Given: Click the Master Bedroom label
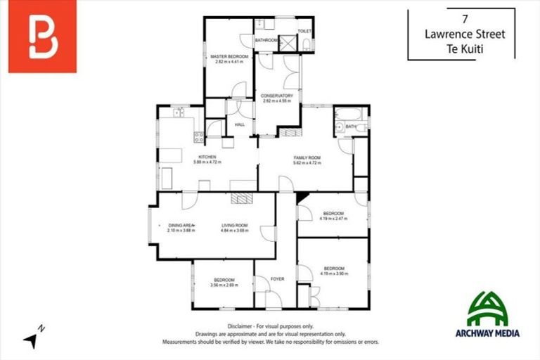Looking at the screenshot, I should pos(227,56).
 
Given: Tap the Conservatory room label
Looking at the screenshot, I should pos(276,96).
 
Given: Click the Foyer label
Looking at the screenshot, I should pos(278,279).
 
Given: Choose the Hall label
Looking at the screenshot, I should pos(239,124).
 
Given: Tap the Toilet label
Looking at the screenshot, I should pos(304,32).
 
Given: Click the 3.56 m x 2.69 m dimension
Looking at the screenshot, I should pos(224,285).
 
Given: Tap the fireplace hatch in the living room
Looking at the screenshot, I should pos(243,199).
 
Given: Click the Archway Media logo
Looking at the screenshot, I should pos(493,315).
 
